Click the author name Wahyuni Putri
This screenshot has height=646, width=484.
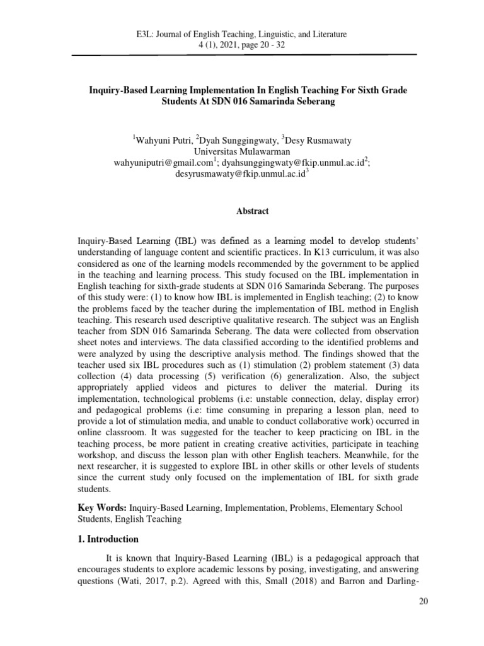[161, 141]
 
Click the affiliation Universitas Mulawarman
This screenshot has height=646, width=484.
[242, 152]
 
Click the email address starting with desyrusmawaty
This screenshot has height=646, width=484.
[239, 175]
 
